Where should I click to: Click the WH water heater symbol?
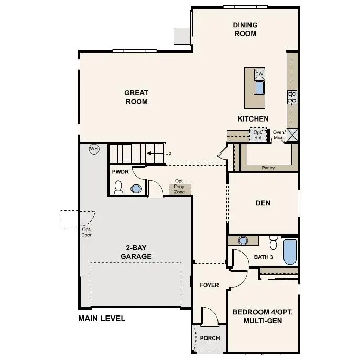(94, 149)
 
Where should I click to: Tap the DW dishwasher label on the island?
(259, 74)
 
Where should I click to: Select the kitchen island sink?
(259, 88)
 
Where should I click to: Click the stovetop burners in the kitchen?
(292, 96)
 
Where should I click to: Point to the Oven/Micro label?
(279, 135)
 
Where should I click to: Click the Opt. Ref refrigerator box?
(258, 135)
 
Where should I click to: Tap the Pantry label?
(268, 168)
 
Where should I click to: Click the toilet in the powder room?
(118, 187)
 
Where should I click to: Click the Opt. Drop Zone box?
(179, 188)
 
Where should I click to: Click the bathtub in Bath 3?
(290, 253)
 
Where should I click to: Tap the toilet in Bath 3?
(272, 243)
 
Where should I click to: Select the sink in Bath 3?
(243, 241)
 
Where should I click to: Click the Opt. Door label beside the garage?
(87, 232)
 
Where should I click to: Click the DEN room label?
(263, 203)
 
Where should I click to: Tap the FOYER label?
(209, 285)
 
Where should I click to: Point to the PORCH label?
(210, 338)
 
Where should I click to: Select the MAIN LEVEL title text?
(102, 318)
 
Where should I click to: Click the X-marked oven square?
(292, 135)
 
